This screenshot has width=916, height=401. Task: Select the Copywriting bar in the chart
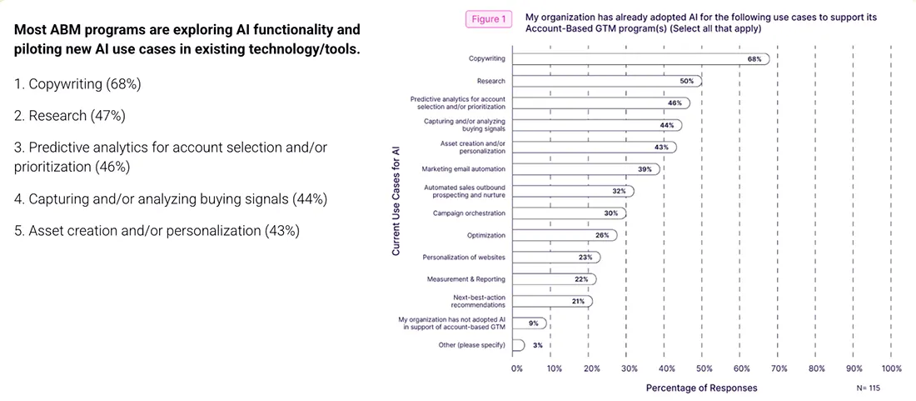(641, 59)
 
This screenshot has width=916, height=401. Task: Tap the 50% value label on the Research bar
(686, 81)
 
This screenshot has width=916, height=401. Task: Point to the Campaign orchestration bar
(570, 213)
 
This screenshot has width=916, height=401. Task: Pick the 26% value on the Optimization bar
(601, 235)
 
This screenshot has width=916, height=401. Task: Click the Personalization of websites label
(464, 257)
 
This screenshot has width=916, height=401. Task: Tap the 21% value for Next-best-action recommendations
(578, 301)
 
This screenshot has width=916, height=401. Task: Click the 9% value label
(533, 323)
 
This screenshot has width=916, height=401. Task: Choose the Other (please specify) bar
(520, 344)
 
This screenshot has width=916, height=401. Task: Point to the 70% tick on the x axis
(779, 368)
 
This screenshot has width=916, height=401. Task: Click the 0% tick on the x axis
(517, 368)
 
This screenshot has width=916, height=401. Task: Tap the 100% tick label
(890, 368)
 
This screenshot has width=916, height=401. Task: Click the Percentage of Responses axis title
(702, 388)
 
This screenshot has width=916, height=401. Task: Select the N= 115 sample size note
(868, 388)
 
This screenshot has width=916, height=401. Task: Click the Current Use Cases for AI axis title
(396, 201)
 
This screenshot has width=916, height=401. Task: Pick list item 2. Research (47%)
(70, 115)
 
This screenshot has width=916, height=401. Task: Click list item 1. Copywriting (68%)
(77, 84)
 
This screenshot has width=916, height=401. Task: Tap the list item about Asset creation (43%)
(157, 231)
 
